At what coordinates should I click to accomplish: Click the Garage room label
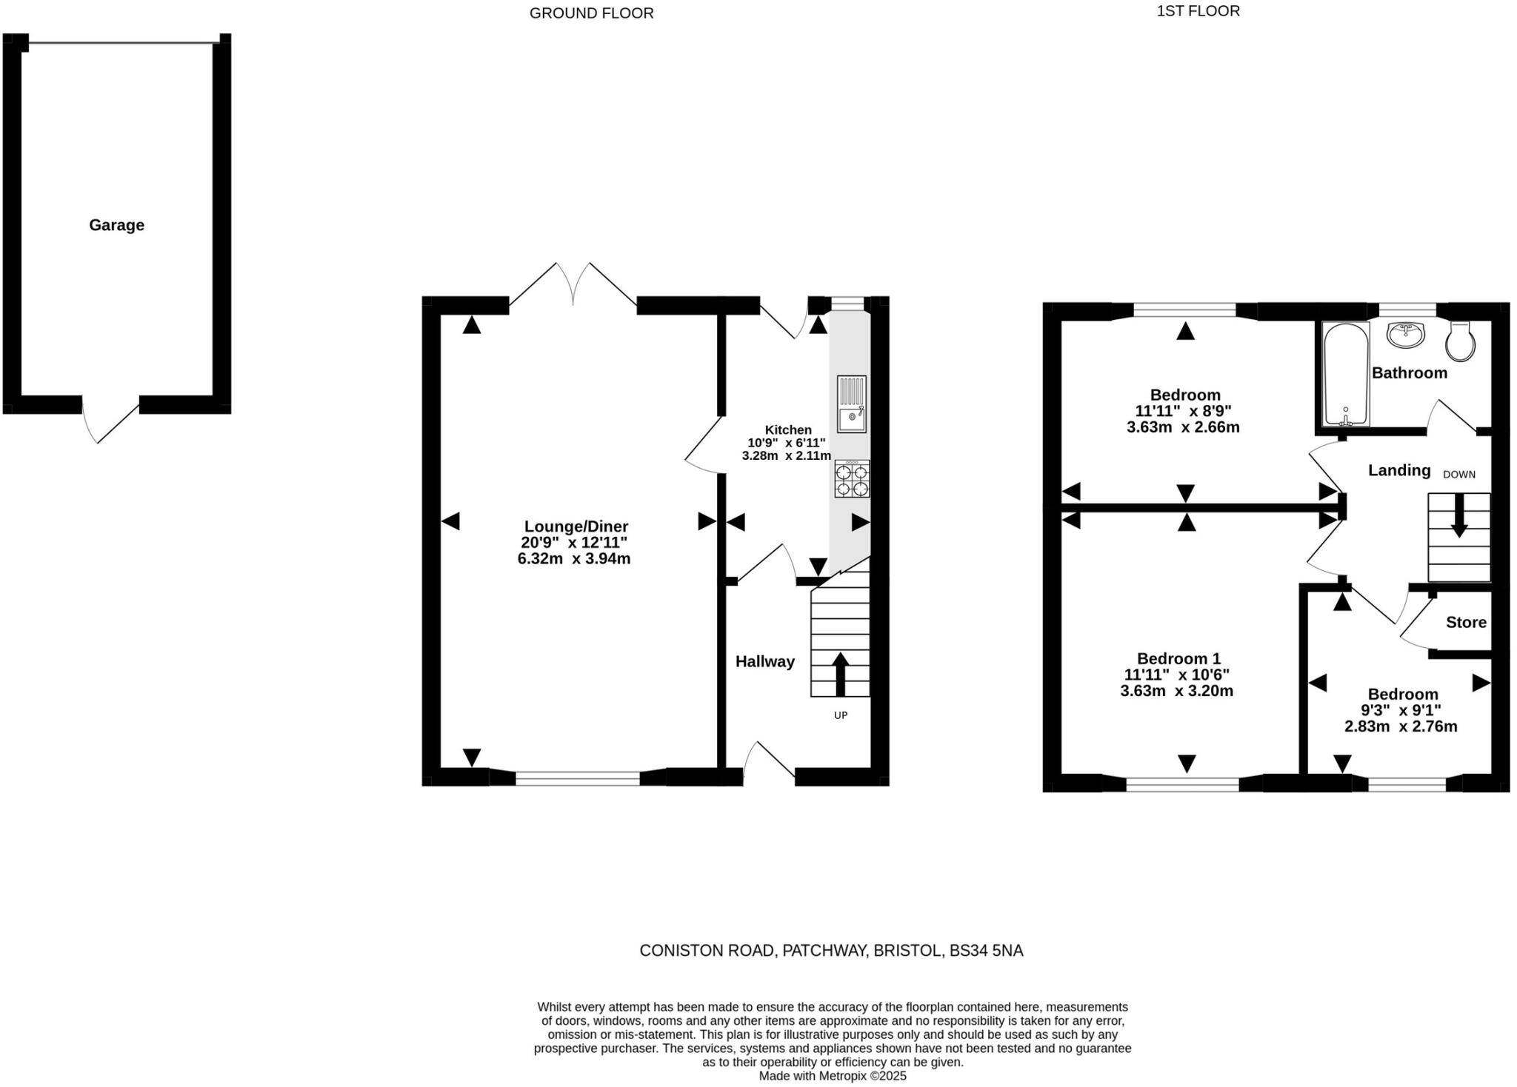tap(116, 225)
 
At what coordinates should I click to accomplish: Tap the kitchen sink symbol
tap(852, 404)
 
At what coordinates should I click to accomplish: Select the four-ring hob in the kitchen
tap(853, 478)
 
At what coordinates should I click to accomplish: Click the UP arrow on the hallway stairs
tap(840, 675)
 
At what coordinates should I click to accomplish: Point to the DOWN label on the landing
tap(1458, 475)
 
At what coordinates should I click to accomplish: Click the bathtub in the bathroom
tap(1346, 374)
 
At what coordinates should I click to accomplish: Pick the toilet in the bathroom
tap(1460, 341)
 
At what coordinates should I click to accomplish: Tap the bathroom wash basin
tap(1405, 335)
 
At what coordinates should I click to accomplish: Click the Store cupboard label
tap(1466, 623)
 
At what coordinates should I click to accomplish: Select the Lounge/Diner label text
tap(576, 526)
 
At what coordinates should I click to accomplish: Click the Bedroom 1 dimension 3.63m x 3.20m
tap(1177, 691)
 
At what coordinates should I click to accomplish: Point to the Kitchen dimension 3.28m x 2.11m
tap(787, 456)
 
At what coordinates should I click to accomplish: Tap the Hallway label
tap(765, 662)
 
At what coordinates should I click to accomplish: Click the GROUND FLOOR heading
tap(592, 13)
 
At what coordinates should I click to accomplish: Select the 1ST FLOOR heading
tap(1198, 11)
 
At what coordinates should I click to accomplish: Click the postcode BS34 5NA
tap(987, 951)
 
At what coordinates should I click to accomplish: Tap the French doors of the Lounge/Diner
tap(573, 286)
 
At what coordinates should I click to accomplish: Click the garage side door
tap(111, 421)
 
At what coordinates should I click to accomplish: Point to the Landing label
tap(1399, 471)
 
